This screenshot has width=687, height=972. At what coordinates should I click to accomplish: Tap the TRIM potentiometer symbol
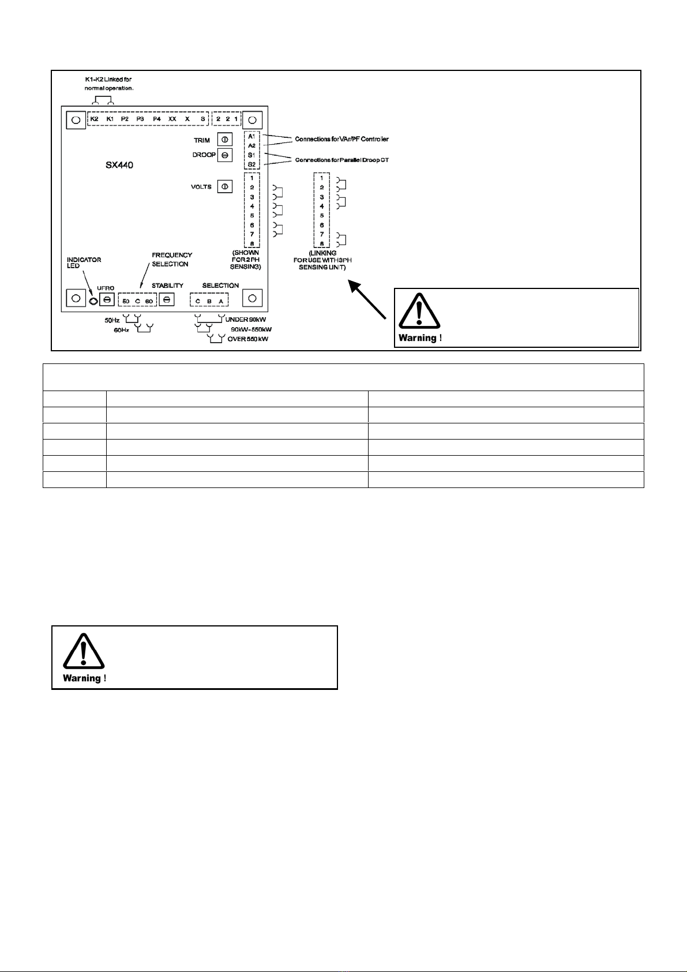pos(224,140)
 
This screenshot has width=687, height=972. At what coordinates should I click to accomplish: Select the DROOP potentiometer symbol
pos(224,155)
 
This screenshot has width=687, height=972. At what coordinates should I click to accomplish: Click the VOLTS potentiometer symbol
pos(224,186)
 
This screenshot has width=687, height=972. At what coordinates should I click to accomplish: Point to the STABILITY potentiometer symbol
pos(167,299)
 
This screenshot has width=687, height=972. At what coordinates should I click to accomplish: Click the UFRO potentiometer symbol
pos(107,299)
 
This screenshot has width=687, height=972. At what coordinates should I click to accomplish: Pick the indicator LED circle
pos(93,301)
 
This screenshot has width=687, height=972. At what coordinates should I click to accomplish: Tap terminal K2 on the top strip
pos(94,119)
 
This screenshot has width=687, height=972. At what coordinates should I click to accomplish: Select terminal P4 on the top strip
pos(156,119)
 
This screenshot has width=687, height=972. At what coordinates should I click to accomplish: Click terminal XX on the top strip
pos(172,119)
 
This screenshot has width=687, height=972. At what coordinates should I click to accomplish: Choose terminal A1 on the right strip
pos(252,136)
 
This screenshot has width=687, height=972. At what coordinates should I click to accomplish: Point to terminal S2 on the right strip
pos(252,165)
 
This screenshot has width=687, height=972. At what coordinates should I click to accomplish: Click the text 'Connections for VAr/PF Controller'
pos(341,139)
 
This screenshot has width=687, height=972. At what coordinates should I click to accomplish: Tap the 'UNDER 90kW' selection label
pos(245,320)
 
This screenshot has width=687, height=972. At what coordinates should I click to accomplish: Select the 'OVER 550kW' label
pos(247,339)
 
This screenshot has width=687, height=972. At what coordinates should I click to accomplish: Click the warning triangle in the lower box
pos(84,651)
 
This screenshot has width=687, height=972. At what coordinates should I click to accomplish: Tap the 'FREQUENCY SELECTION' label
pos(171,260)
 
